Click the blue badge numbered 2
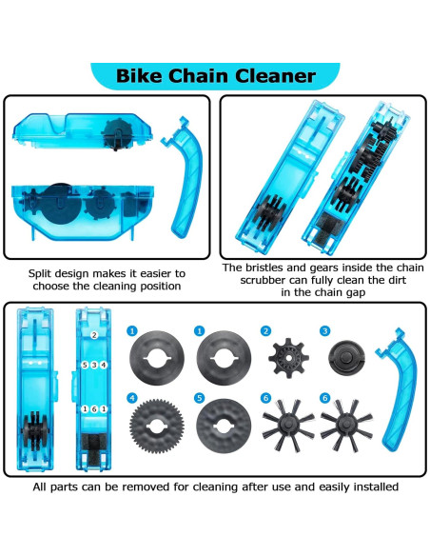tap(265, 330)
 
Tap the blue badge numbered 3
tap(324, 330)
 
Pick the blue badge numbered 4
tap(132, 397)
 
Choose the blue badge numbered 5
tap(199, 397)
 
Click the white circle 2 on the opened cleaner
tap(94, 335)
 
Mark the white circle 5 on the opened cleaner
tap(85, 366)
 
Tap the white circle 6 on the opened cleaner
tap(94, 408)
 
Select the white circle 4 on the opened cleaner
tap(104, 366)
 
